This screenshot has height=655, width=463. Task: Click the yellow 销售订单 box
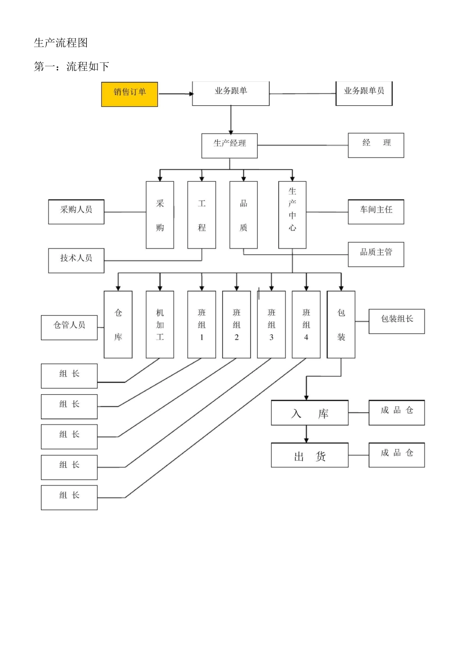129,94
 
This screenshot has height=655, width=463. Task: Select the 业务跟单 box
231,93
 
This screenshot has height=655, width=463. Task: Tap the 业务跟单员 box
364,93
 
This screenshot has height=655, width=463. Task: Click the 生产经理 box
229,146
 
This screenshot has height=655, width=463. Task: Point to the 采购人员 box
76,212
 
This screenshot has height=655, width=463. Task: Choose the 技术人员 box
76,260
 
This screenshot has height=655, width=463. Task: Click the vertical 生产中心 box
292,214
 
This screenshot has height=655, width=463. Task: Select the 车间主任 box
376,212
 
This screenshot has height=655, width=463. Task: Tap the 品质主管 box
376,254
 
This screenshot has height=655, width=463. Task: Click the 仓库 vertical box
118,325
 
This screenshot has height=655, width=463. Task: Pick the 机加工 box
160,325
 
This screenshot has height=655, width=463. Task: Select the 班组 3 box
271,325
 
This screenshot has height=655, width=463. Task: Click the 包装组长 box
396,321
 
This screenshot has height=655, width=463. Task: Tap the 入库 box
309,413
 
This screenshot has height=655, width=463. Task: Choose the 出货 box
309,455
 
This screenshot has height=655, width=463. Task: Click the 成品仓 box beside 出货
396,455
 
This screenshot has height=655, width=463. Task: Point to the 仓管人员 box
69,327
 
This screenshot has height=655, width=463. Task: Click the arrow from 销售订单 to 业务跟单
175,94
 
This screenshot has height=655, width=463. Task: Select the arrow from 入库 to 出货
306,434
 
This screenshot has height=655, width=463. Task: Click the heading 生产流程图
61,43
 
